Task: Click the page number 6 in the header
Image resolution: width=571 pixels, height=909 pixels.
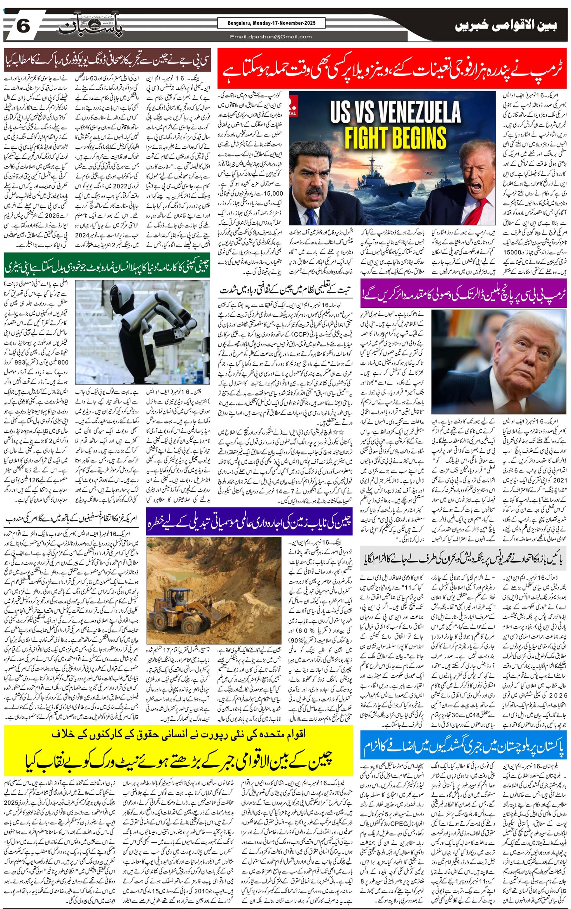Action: pos(23,26)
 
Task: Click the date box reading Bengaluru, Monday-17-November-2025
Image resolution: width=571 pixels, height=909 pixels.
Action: pos(271,23)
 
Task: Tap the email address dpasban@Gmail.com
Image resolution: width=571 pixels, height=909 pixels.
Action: pos(271,36)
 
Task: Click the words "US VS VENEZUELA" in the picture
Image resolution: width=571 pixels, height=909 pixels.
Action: pos(395,112)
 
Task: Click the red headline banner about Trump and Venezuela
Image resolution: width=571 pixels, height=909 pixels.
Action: pos(392,68)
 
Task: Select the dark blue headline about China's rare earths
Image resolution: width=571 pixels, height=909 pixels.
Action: pos(249,521)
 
